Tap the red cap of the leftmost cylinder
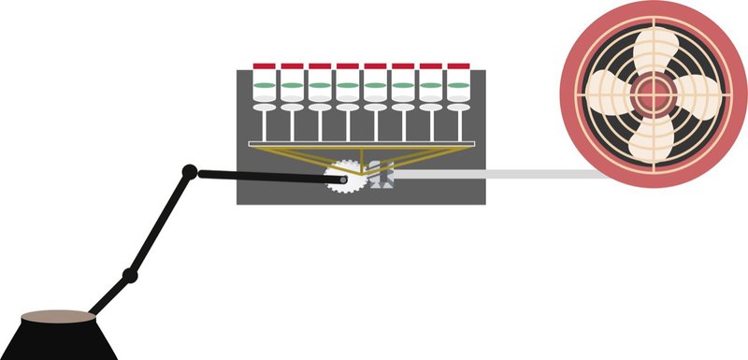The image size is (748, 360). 265,67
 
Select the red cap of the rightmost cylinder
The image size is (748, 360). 458,67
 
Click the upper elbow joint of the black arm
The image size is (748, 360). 189,171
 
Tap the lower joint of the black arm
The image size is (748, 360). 131,276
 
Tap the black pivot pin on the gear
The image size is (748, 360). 344,179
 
